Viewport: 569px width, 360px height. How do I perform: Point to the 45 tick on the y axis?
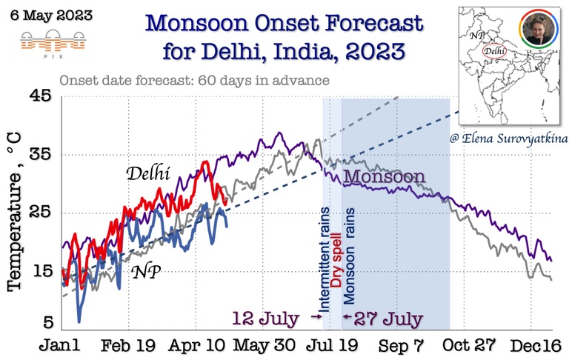click(41, 97)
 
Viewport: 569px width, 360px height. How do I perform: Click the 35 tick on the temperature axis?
click(41, 155)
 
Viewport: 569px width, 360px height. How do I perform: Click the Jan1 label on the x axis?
click(62, 347)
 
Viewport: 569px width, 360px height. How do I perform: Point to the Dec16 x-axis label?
click(536, 347)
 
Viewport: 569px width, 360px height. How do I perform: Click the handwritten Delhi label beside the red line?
click(148, 175)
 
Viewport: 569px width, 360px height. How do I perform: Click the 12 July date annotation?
click(266, 319)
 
